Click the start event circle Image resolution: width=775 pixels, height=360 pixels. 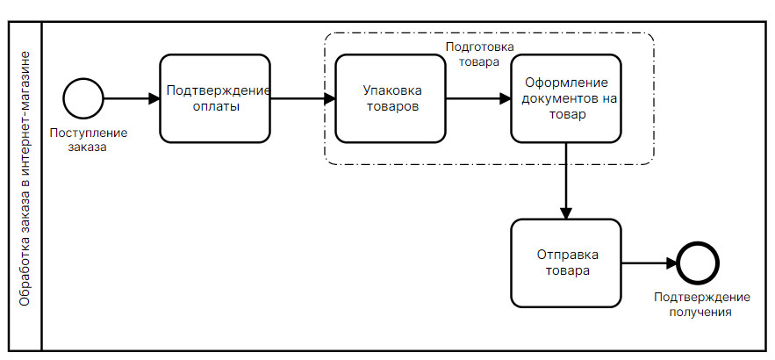click(x=83, y=98)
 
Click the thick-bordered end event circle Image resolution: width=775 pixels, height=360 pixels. click(x=698, y=263)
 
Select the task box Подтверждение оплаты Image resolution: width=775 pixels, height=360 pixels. click(x=215, y=98)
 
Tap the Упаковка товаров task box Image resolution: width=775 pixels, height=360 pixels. click(x=391, y=98)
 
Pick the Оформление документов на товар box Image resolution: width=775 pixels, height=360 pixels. click(x=566, y=98)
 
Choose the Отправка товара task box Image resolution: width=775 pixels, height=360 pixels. click(x=566, y=263)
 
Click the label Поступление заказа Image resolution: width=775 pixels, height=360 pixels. click(x=88, y=140)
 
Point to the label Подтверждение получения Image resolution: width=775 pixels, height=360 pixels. click(x=699, y=304)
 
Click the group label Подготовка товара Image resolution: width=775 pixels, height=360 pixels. click(x=479, y=54)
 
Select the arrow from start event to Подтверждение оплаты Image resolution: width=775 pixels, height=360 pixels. click(x=132, y=98)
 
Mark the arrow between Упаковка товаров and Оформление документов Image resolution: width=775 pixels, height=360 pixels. click(x=478, y=98)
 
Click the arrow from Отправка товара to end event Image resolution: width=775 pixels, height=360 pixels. click(x=649, y=263)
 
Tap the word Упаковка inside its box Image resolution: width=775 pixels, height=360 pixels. click(x=391, y=90)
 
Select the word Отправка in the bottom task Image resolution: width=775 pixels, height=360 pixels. click(x=567, y=255)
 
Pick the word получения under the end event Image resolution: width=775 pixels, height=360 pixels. click(x=699, y=311)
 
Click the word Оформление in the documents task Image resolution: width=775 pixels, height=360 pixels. click(x=567, y=83)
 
